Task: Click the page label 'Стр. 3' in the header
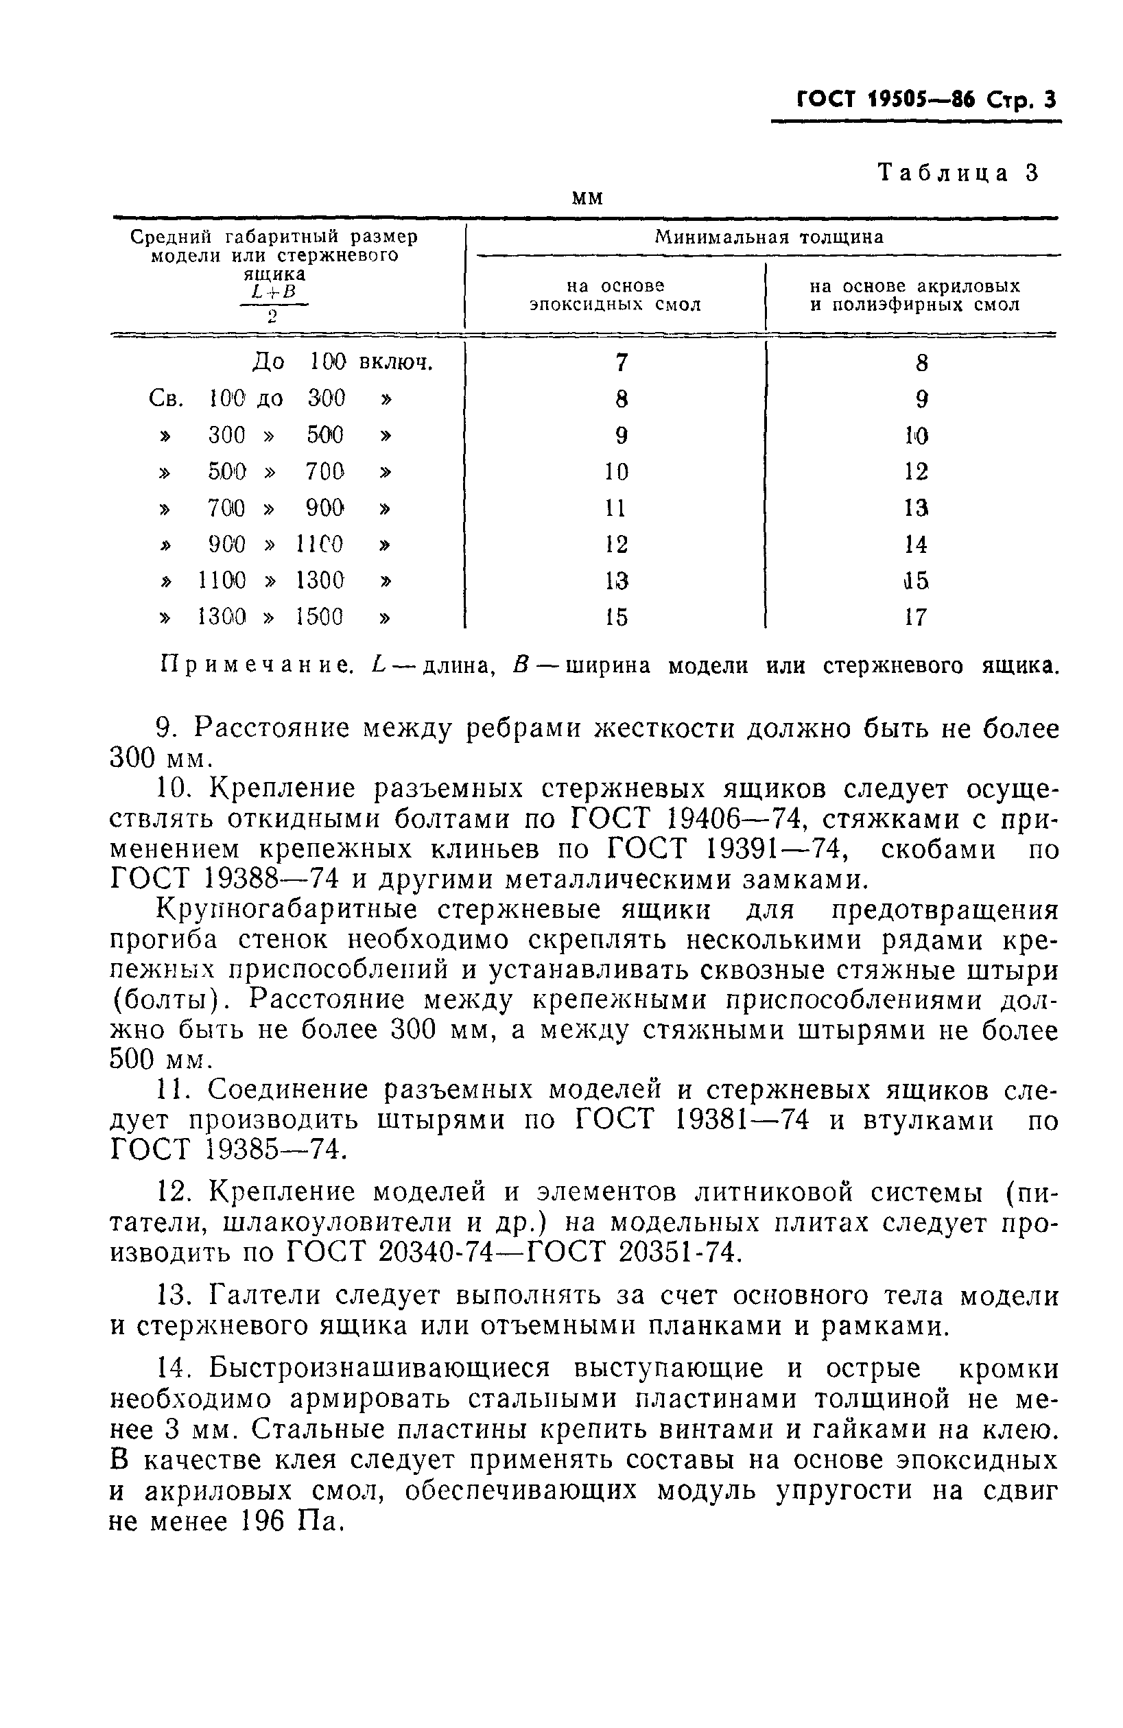pyautogui.click(x=1019, y=99)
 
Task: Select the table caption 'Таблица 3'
pyautogui.click(x=958, y=173)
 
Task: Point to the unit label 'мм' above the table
pyautogui.click(x=587, y=198)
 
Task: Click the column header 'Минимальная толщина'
pyautogui.click(x=769, y=237)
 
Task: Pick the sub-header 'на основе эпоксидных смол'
pyautogui.click(x=615, y=296)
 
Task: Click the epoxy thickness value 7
pyautogui.click(x=621, y=362)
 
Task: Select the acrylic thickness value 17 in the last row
pyautogui.click(x=916, y=617)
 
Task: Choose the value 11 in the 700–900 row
pyautogui.click(x=615, y=508)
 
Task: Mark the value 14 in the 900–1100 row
pyautogui.click(x=916, y=544)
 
